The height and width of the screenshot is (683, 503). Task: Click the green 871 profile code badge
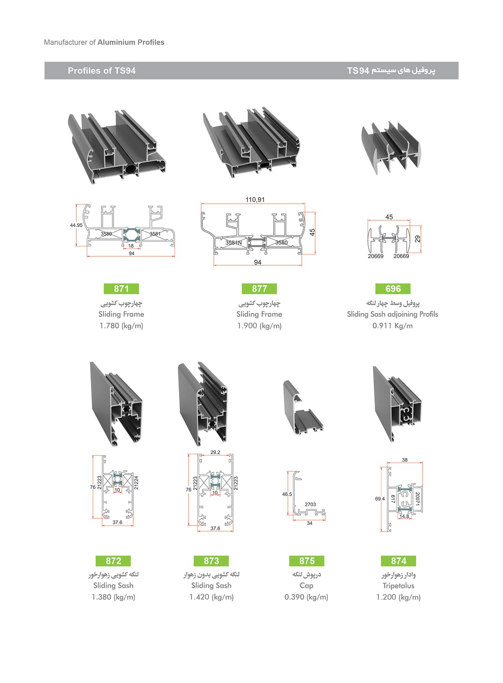click(121, 289)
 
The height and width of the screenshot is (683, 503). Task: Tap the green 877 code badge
click(259, 289)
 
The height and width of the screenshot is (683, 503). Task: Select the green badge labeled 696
click(393, 289)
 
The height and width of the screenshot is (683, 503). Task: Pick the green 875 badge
click(307, 561)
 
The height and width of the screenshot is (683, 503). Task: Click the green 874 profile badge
click(399, 561)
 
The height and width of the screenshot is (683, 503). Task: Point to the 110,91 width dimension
click(255, 200)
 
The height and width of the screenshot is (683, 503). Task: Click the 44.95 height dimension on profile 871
click(76, 225)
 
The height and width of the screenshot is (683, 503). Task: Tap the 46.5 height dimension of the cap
click(287, 494)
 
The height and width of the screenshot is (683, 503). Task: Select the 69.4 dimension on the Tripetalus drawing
click(380, 499)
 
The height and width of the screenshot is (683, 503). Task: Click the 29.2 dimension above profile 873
click(215, 453)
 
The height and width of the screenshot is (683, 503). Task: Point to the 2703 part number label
click(310, 504)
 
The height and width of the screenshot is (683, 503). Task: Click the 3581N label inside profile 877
click(233, 243)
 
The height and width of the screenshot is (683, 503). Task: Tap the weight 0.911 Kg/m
click(393, 326)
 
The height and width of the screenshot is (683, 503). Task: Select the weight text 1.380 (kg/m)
click(114, 597)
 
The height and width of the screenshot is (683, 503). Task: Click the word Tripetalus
click(398, 586)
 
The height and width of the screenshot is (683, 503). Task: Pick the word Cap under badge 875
click(306, 585)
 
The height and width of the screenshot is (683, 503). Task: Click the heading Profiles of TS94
click(102, 71)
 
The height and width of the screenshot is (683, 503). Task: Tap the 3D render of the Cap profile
click(303, 409)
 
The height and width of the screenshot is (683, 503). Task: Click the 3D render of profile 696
click(391, 147)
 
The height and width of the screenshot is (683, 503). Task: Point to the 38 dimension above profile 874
click(404, 460)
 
